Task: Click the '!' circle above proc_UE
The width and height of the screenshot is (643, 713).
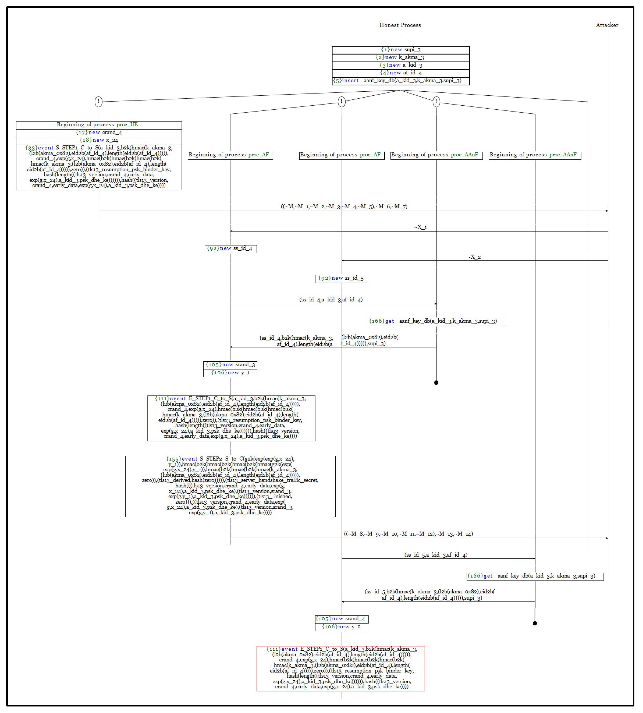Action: pos(99,102)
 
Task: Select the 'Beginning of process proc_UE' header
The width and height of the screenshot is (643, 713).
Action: pos(99,125)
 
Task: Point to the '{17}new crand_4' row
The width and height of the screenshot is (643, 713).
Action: pos(99,132)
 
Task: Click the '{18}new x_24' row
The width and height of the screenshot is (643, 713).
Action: pos(99,140)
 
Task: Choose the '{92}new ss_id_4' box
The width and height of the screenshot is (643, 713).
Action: pos(230,249)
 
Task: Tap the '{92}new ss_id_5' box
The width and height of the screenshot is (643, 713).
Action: pos(341,278)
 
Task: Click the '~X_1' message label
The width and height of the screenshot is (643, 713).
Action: pos(420,227)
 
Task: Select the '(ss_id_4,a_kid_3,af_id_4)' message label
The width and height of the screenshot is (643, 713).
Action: pos(331,300)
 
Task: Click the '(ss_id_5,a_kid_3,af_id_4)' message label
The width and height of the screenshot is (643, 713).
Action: pos(436,555)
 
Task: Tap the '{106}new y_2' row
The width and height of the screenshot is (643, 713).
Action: pos(341,627)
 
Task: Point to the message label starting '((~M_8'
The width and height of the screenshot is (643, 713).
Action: pos(408,534)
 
